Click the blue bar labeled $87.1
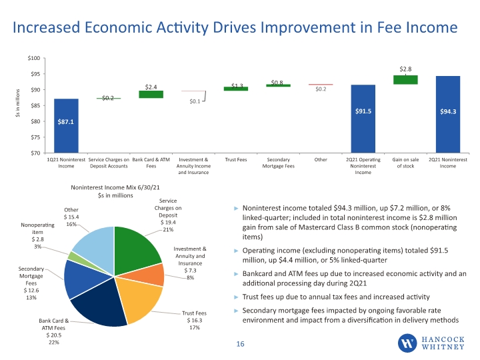(x=66, y=125)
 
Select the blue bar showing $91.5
(x=363, y=119)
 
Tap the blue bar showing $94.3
(x=448, y=114)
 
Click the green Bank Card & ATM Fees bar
(x=151, y=94)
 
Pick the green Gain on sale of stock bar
(x=405, y=80)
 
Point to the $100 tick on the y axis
(x=34, y=58)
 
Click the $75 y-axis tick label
(x=35, y=137)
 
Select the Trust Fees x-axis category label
(x=236, y=159)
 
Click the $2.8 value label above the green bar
(x=405, y=69)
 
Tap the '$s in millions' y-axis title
(x=18, y=103)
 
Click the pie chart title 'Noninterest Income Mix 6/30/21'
(x=115, y=187)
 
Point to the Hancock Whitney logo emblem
(x=407, y=343)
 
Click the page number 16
(x=240, y=344)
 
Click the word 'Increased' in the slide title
(x=47, y=27)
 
